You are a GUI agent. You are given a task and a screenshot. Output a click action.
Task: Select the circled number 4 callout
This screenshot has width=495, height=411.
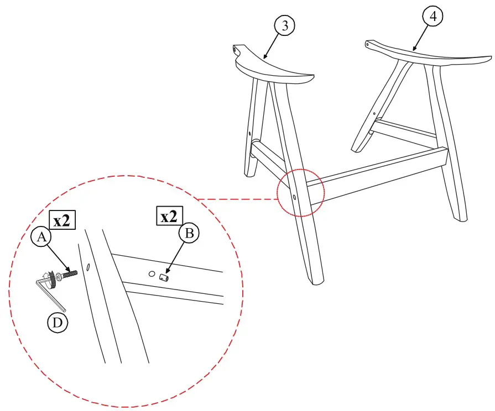coord(433,17)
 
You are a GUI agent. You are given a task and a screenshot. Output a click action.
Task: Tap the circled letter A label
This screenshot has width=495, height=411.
coord(40,238)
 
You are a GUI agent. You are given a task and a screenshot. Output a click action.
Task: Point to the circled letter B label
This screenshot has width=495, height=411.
coord(189,234)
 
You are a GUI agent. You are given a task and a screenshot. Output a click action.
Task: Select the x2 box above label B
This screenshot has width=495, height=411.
coord(169,217)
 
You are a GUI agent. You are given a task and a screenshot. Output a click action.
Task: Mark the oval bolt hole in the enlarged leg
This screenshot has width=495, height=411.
coord(87,268)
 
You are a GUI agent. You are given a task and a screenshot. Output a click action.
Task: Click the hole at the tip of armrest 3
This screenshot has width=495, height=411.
coord(237,49)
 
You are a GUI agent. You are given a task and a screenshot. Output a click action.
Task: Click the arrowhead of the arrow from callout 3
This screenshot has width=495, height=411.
coord(264,57)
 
